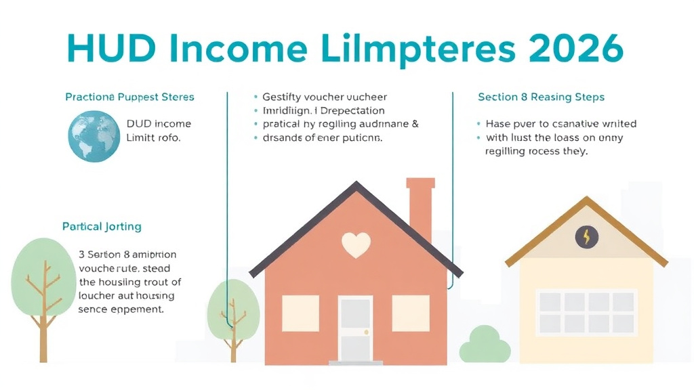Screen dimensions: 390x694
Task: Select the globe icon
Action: point(94,136)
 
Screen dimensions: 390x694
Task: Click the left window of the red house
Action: point(301,313)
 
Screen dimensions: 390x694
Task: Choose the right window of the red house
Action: point(411,313)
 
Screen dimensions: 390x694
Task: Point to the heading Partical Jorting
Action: point(102,226)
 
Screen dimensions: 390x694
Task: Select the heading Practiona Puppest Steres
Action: point(129,97)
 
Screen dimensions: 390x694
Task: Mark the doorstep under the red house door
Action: point(356,364)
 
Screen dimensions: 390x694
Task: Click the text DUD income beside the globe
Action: point(159,124)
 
